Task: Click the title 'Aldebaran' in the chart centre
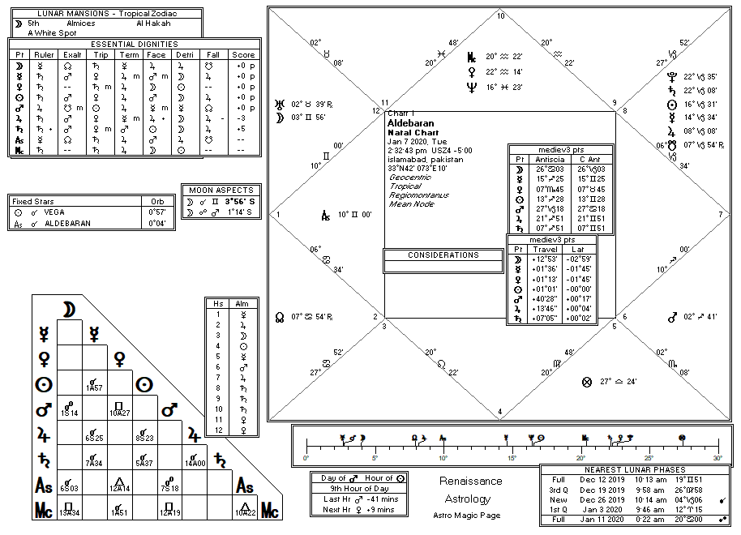pos(411,123)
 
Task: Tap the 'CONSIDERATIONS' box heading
pos(443,255)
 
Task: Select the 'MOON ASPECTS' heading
pos(221,190)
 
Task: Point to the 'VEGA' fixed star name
pos(55,212)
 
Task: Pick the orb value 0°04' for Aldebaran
pos(156,223)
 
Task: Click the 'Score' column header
pos(242,54)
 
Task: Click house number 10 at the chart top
pos(500,16)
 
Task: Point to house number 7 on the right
pos(719,215)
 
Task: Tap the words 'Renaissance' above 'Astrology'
pos(471,481)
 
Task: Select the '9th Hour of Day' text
pos(359,489)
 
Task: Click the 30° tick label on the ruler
pos(717,458)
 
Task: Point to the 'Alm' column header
pos(242,303)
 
